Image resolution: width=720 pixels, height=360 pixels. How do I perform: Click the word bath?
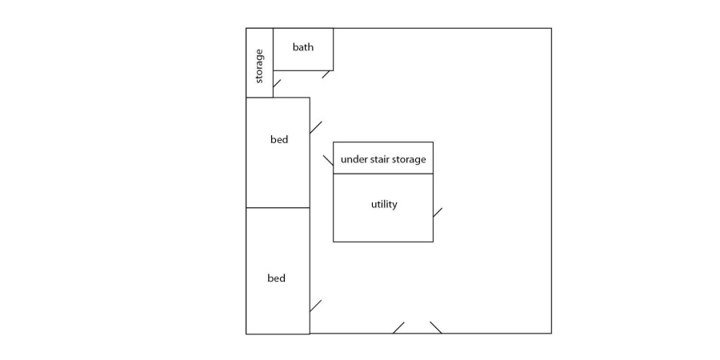coord(303,47)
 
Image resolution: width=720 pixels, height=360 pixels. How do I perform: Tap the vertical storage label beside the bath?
coord(259,66)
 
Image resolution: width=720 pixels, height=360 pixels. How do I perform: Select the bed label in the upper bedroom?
coord(279,140)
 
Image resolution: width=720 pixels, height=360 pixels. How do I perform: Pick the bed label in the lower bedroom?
coord(276,278)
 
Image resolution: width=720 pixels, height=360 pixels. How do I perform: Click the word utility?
coord(384,204)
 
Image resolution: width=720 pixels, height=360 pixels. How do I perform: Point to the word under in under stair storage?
coord(353,159)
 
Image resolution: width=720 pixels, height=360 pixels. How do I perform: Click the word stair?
coord(382,159)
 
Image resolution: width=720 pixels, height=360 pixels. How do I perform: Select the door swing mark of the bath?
coord(326,74)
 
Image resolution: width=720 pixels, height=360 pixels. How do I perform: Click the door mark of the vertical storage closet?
coord(277,82)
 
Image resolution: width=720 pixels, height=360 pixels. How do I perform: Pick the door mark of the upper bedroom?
coord(315,127)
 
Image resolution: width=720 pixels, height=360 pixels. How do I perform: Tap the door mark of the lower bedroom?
coord(315,306)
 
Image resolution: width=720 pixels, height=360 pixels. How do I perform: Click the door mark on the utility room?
coord(438,212)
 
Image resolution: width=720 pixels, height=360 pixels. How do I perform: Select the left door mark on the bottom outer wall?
coord(398,327)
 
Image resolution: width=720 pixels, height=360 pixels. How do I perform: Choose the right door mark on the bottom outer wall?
coord(435,327)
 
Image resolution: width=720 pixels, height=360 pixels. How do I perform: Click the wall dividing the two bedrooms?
coord(277,208)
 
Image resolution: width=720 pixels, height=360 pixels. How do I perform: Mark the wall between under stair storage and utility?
coord(383,174)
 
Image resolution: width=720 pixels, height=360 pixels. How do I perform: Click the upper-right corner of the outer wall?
coord(551,29)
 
